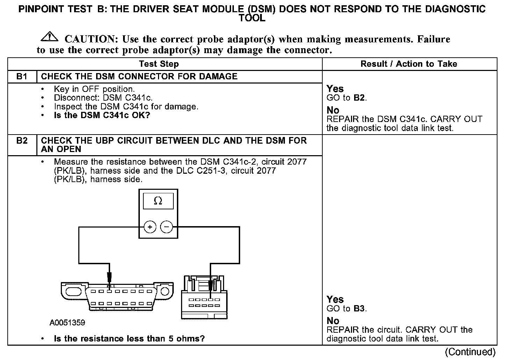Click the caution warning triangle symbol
point(50,36)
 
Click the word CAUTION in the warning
point(90,39)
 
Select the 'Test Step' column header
point(159,64)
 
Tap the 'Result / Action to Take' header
point(409,64)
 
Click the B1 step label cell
point(22,77)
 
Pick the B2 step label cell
point(22,141)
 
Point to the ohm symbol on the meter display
point(158,201)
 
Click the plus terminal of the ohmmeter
point(150,228)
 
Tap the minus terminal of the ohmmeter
point(166,228)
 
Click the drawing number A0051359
point(67,322)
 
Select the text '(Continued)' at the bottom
point(470,352)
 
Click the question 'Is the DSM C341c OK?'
point(102,115)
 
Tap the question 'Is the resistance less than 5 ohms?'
point(129,338)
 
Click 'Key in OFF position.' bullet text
point(94,89)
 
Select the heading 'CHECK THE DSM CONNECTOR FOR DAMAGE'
point(139,77)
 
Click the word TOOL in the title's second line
point(252,18)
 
